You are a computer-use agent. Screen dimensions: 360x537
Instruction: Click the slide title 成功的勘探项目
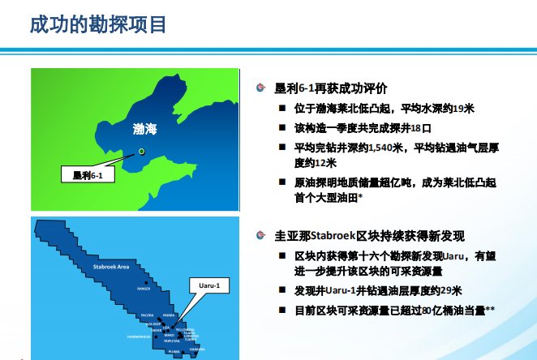pyautogui.click(x=98, y=24)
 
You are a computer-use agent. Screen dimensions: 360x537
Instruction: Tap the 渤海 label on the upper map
pyautogui.click(x=145, y=129)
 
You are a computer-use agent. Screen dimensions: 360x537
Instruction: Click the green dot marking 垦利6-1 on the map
pyautogui.click(x=141, y=151)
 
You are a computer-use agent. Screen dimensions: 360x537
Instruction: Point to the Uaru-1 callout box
pyautogui.click(x=210, y=285)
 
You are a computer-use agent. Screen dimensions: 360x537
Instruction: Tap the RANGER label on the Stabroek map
pyautogui.click(x=145, y=287)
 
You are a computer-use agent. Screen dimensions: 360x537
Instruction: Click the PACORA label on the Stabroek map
pyautogui.click(x=148, y=314)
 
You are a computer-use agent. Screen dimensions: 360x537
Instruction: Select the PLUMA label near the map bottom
pyautogui.click(x=174, y=352)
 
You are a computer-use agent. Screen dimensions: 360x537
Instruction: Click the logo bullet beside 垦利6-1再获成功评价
pyautogui.click(x=260, y=88)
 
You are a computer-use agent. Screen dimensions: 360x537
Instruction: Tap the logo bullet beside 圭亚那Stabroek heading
pyautogui.click(x=260, y=236)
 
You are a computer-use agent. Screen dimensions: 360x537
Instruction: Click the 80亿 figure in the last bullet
pyautogui.click(x=428, y=310)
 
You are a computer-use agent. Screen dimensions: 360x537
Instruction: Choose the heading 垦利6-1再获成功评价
pyautogui.click(x=331, y=88)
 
